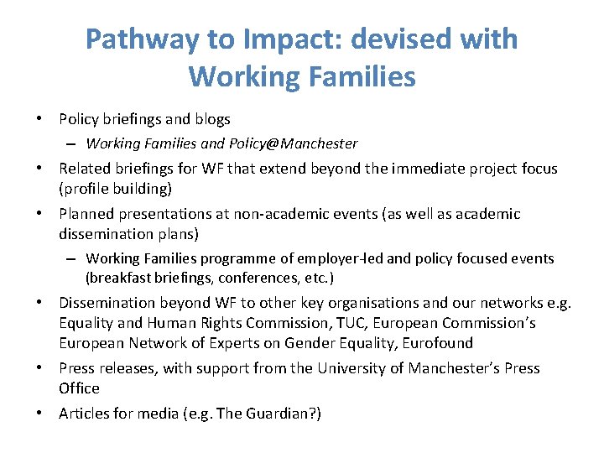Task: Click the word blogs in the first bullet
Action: point(211,119)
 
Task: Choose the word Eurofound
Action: point(437,343)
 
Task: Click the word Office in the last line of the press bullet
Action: point(79,388)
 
